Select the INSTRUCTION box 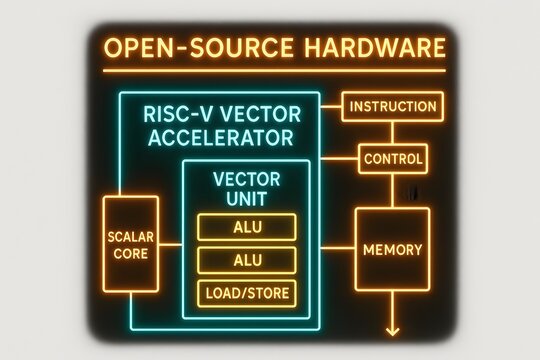pyautogui.click(x=391, y=106)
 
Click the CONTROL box pyautogui.click(x=393, y=158)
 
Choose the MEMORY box pyautogui.click(x=392, y=249)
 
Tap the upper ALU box pyautogui.click(x=248, y=226)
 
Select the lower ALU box pyautogui.click(x=248, y=261)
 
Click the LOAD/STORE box pyautogui.click(x=248, y=295)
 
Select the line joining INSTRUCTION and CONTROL pyautogui.click(x=393, y=133)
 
